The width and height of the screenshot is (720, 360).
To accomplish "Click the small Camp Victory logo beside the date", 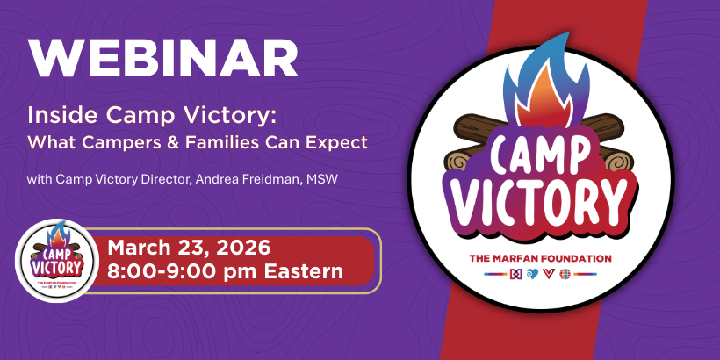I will (57, 260).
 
